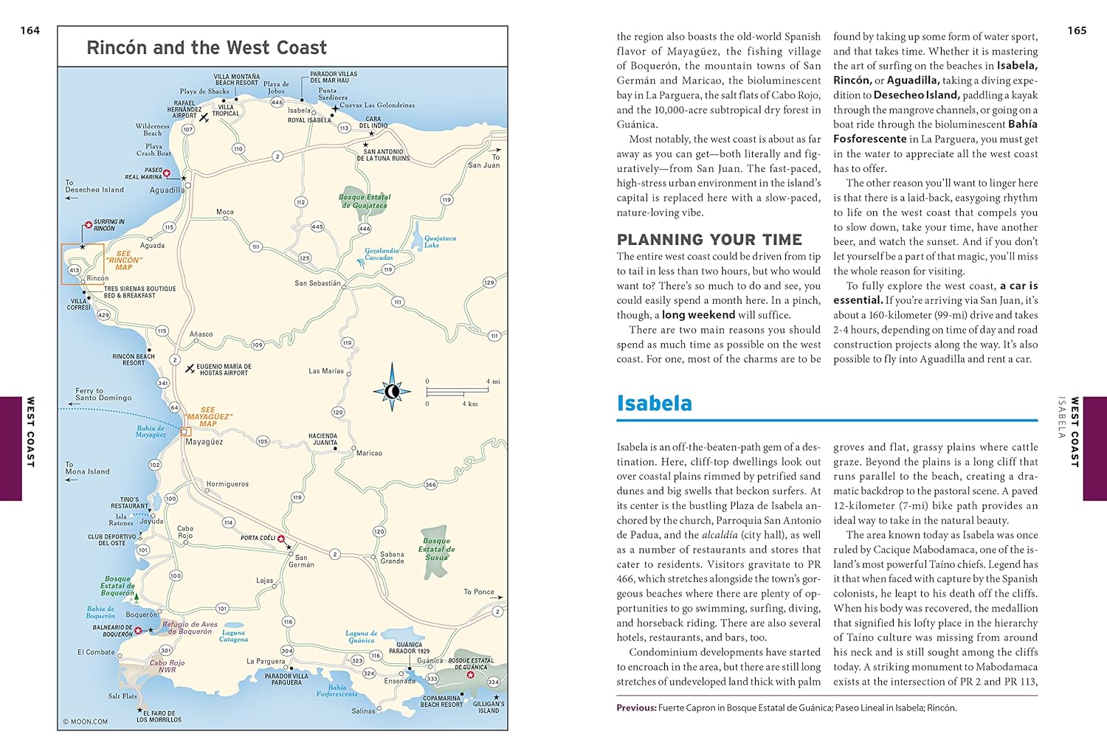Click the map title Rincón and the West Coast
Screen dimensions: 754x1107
pos(207,48)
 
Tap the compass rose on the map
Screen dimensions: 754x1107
pos(392,387)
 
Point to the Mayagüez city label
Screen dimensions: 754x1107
pos(204,442)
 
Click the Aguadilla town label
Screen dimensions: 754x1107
pos(168,190)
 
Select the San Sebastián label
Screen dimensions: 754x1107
pos(318,283)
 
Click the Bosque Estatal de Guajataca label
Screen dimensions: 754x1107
pos(365,201)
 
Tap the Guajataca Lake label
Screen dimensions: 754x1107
pos(441,242)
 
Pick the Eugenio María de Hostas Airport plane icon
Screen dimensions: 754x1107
pos(190,367)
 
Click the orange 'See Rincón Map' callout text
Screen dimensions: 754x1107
pos(123,260)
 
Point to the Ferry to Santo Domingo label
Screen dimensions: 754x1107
pos(103,394)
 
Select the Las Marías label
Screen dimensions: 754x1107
pos(326,371)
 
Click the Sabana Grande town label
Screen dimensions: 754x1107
pos(392,558)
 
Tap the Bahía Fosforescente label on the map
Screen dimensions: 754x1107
pos(337,691)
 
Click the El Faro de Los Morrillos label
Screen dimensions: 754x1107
pos(159,716)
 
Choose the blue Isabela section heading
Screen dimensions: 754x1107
pos(654,404)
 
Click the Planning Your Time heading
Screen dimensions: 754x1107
pos(708,240)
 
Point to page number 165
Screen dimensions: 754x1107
pos(1077,30)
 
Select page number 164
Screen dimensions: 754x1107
pos(30,30)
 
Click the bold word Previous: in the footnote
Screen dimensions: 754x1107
pos(636,708)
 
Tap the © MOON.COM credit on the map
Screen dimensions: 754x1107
pos(86,722)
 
